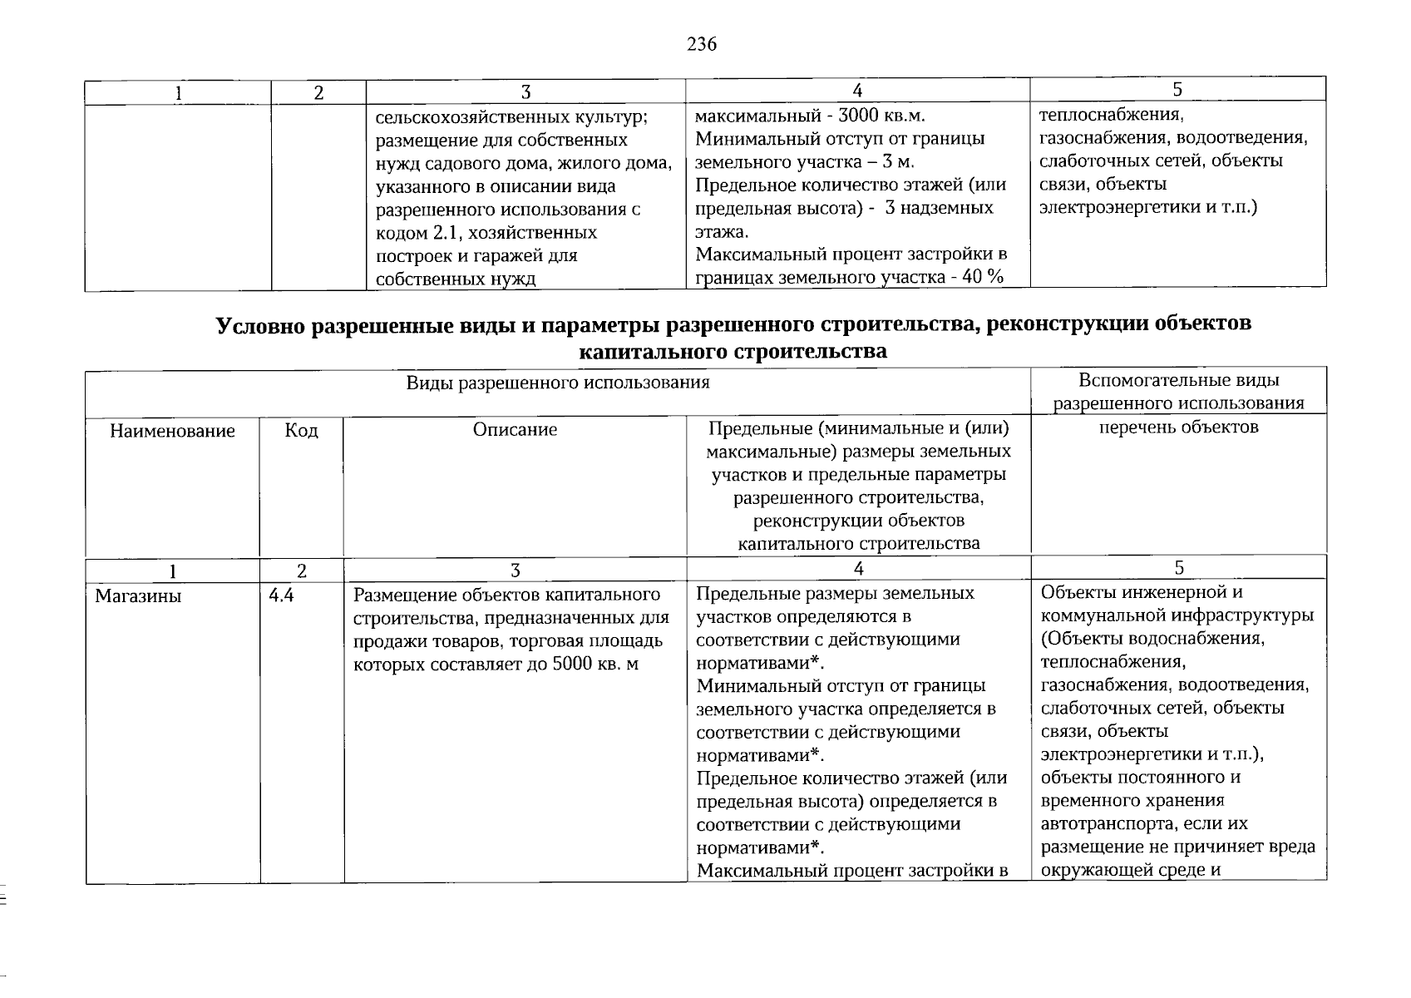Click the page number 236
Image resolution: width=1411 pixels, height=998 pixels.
pos(702,44)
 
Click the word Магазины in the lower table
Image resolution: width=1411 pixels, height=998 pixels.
pos(138,596)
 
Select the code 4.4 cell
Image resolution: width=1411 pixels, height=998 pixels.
pos(281,596)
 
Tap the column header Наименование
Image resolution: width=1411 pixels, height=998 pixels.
pos(172,431)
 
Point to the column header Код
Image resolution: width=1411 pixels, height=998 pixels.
pos(301,430)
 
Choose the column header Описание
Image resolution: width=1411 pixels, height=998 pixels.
pos(515,429)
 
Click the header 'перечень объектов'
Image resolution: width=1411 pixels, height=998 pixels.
pos(1178,427)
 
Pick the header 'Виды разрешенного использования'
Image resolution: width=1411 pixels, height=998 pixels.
pos(558,383)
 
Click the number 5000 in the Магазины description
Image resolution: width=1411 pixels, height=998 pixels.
pos(573,665)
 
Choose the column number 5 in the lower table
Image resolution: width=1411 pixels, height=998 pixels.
pos(1178,568)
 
